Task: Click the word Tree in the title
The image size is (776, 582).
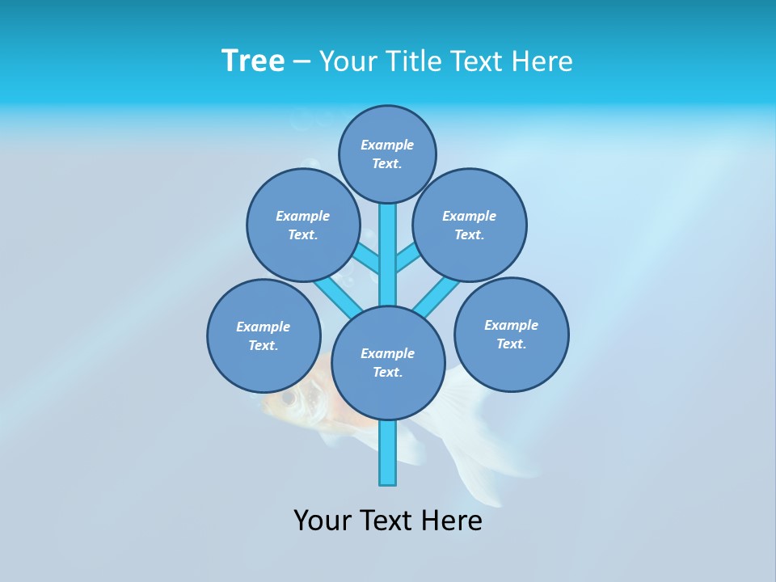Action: point(253,61)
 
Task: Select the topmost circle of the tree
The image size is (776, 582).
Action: point(387,154)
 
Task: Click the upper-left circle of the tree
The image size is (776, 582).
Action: point(303,225)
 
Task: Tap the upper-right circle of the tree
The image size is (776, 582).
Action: point(470,225)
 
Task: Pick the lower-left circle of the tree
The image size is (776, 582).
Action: point(264,335)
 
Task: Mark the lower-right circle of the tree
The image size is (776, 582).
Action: point(511,334)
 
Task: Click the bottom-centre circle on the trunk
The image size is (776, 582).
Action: point(388,362)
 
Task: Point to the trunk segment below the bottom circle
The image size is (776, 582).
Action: point(388,453)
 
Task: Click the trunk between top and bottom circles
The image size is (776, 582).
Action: point(388,255)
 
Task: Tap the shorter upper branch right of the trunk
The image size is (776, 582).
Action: point(407,259)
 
